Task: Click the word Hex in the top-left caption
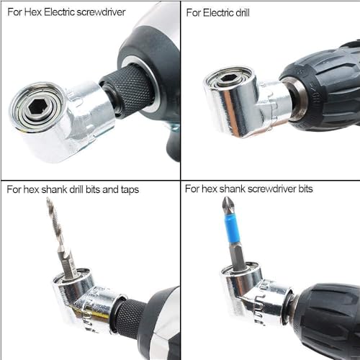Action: [x=33, y=12]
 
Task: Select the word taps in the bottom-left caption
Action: [x=130, y=190]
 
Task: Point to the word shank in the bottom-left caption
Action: [x=54, y=189]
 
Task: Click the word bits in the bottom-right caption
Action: [x=305, y=189]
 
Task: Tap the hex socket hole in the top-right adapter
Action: [x=227, y=78]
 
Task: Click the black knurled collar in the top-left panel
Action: [x=127, y=91]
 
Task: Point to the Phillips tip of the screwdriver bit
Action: [x=227, y=205]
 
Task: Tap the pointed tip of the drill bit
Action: [x=48, y=199]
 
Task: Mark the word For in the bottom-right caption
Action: [x=192, y=189]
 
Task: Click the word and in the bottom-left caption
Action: [x=110, y=189]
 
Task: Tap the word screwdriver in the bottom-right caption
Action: [x=272, y=189]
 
